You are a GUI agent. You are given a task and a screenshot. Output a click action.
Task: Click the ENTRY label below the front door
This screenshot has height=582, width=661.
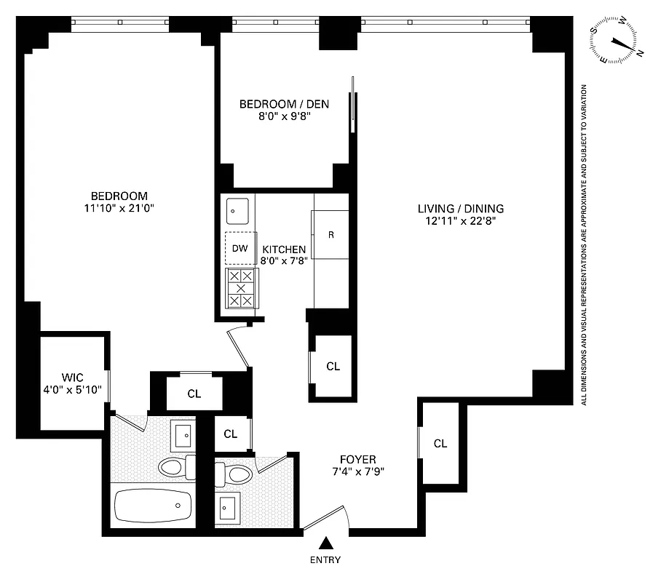(325, 560)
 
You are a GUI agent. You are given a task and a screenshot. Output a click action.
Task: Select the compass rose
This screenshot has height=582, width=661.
(617, 41)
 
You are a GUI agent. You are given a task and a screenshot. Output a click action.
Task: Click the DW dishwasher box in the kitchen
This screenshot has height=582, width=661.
(240, 249)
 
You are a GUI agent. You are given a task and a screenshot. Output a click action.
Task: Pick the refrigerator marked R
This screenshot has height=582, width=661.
(331, 234)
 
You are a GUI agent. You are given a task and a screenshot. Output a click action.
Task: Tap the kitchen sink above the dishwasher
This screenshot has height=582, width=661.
(237, 211)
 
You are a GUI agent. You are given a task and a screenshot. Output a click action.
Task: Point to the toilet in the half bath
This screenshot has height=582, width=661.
(236, 474)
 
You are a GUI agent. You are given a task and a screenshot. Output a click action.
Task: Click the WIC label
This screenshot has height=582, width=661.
(72, 378)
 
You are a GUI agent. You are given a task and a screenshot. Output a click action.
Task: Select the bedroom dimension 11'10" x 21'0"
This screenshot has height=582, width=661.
(119, 208)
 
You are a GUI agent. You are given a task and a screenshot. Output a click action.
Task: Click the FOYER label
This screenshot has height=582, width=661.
(357, 459)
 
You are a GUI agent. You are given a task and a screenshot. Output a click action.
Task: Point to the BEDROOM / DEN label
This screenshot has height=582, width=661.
(284, 104)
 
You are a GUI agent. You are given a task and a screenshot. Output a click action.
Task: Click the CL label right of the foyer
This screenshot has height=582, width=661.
(440, 444)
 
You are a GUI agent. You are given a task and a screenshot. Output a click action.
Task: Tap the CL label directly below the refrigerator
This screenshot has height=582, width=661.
(333, 367)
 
